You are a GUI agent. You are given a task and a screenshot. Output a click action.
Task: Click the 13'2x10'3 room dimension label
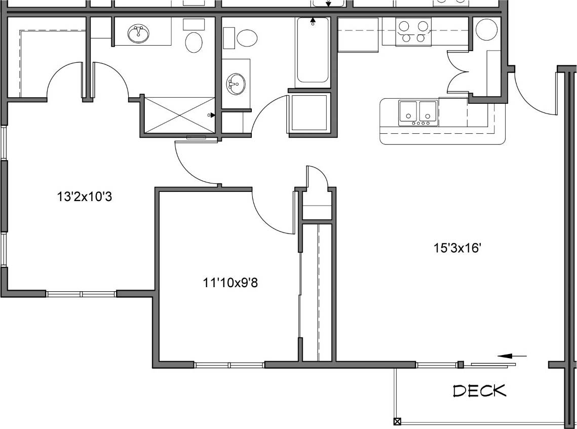point(84,197)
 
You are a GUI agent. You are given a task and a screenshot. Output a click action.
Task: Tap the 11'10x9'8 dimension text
point(230,283)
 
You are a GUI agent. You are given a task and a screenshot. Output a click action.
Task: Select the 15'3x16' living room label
point(456,248)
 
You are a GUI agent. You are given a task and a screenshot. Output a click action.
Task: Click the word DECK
point(479,391)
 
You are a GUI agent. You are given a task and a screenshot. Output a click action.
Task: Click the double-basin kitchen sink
point(418,112)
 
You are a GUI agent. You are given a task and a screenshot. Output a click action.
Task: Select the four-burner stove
point(413,31)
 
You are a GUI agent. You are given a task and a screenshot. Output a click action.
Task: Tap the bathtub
point(312,51)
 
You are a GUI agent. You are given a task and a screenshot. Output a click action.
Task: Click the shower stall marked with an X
point(180,115)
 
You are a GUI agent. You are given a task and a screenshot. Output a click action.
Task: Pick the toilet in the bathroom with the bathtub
point(247,37)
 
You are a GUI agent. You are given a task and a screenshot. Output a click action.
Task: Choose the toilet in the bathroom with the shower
point(194,42)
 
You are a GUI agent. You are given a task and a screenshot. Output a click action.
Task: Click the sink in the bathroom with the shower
point(138,34)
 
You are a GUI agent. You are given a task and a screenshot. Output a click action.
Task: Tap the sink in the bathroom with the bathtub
point(235,84)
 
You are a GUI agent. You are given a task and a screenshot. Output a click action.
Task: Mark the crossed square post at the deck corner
point(397,421)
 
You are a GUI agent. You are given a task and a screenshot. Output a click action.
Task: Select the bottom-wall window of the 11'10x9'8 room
point(229,365)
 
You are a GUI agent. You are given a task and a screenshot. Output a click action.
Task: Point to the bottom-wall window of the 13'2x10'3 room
point(81,293)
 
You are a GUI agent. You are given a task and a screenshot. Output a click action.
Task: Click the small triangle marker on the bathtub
point(313,22)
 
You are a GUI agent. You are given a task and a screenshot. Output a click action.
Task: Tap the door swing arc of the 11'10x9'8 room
point(271,215)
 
